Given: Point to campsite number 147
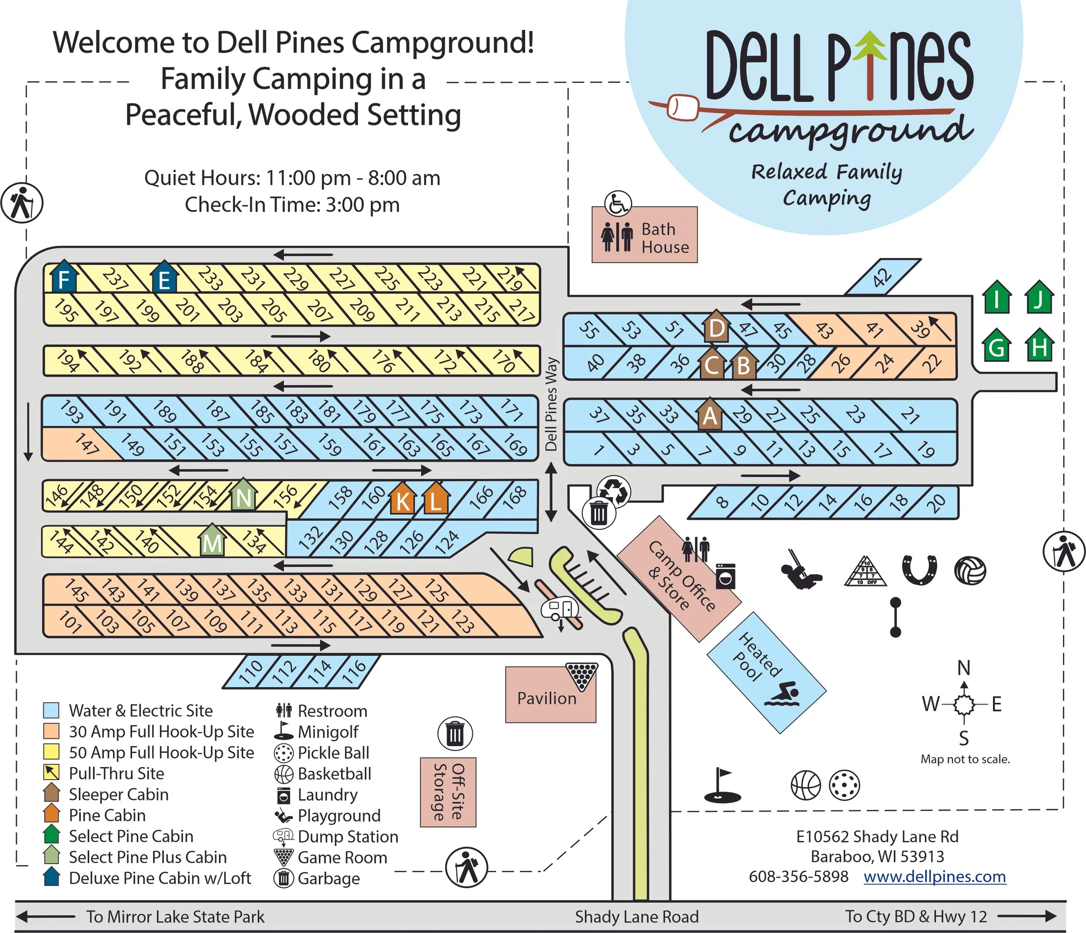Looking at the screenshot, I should pos(86,444).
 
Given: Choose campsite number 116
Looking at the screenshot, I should pos(354,671).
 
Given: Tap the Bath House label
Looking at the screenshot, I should pos(665,238).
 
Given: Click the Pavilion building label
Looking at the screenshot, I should pos(546,698).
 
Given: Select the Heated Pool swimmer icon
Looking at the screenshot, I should pos(781,694).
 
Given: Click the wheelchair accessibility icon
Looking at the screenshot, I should pos(618,203).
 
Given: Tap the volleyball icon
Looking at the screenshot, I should pos(970,570).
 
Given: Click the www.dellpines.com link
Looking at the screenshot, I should pos(934,877).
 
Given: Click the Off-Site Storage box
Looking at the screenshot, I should pos(448,792).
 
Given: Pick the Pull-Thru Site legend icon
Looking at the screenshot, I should pos(51,773).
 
